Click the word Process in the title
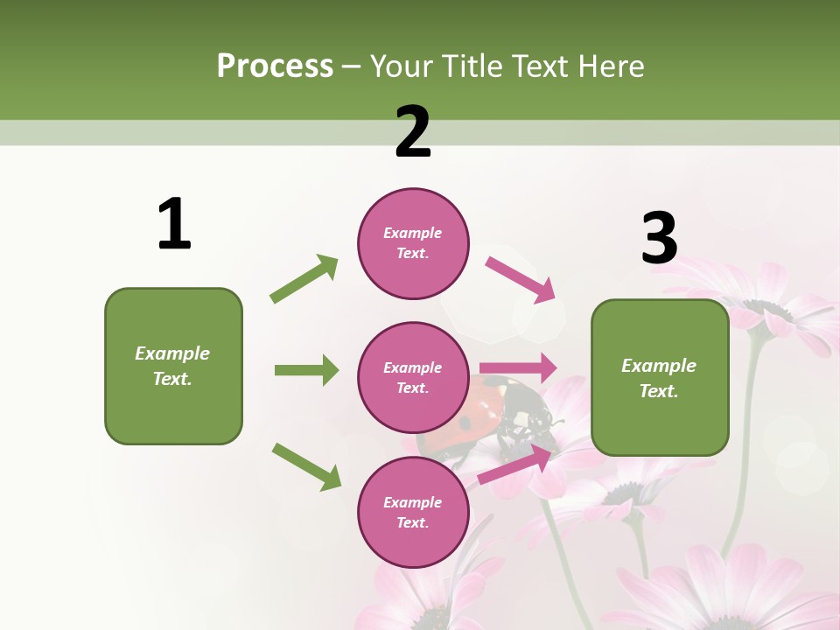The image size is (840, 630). click(275, 66)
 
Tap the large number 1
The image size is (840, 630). click(174, 224)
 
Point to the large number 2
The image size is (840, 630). click(413, 131)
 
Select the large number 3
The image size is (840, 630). click(659, 238)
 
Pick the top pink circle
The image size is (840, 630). click(413, 243)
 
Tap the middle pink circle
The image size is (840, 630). click(413, 378)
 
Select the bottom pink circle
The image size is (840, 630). click(413, 513)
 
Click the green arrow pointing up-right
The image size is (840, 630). click(304, 279)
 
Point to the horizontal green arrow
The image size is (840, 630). click(306, 370)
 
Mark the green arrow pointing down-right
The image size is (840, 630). click(306, 465)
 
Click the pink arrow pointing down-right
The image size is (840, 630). click(520, 279)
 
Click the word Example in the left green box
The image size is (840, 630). click(172, 353)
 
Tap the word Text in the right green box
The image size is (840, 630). click(658, 391)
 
